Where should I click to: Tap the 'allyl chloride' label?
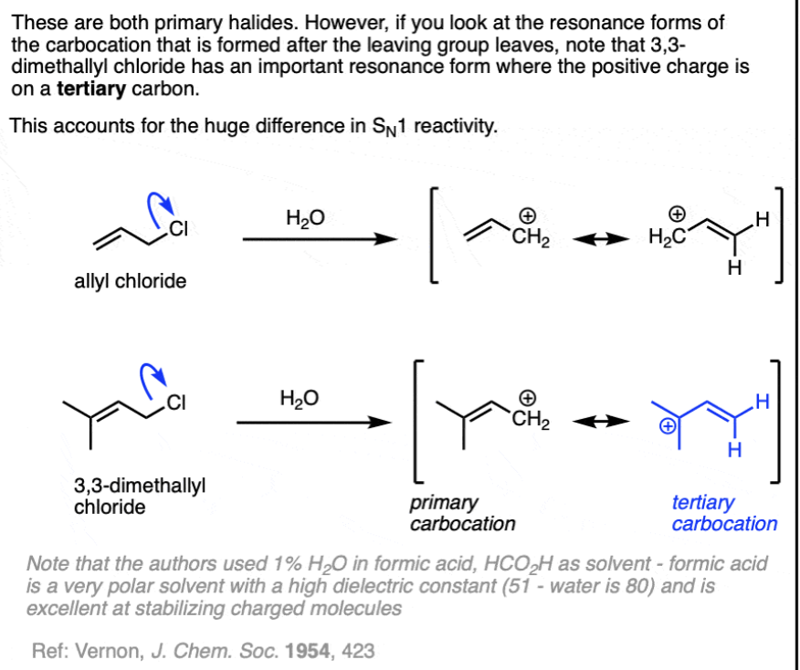coord(130,281)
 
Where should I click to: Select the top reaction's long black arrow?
coord(320,242)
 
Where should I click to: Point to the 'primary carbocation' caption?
coord(462,513)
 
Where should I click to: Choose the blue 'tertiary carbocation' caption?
coord(724,513)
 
